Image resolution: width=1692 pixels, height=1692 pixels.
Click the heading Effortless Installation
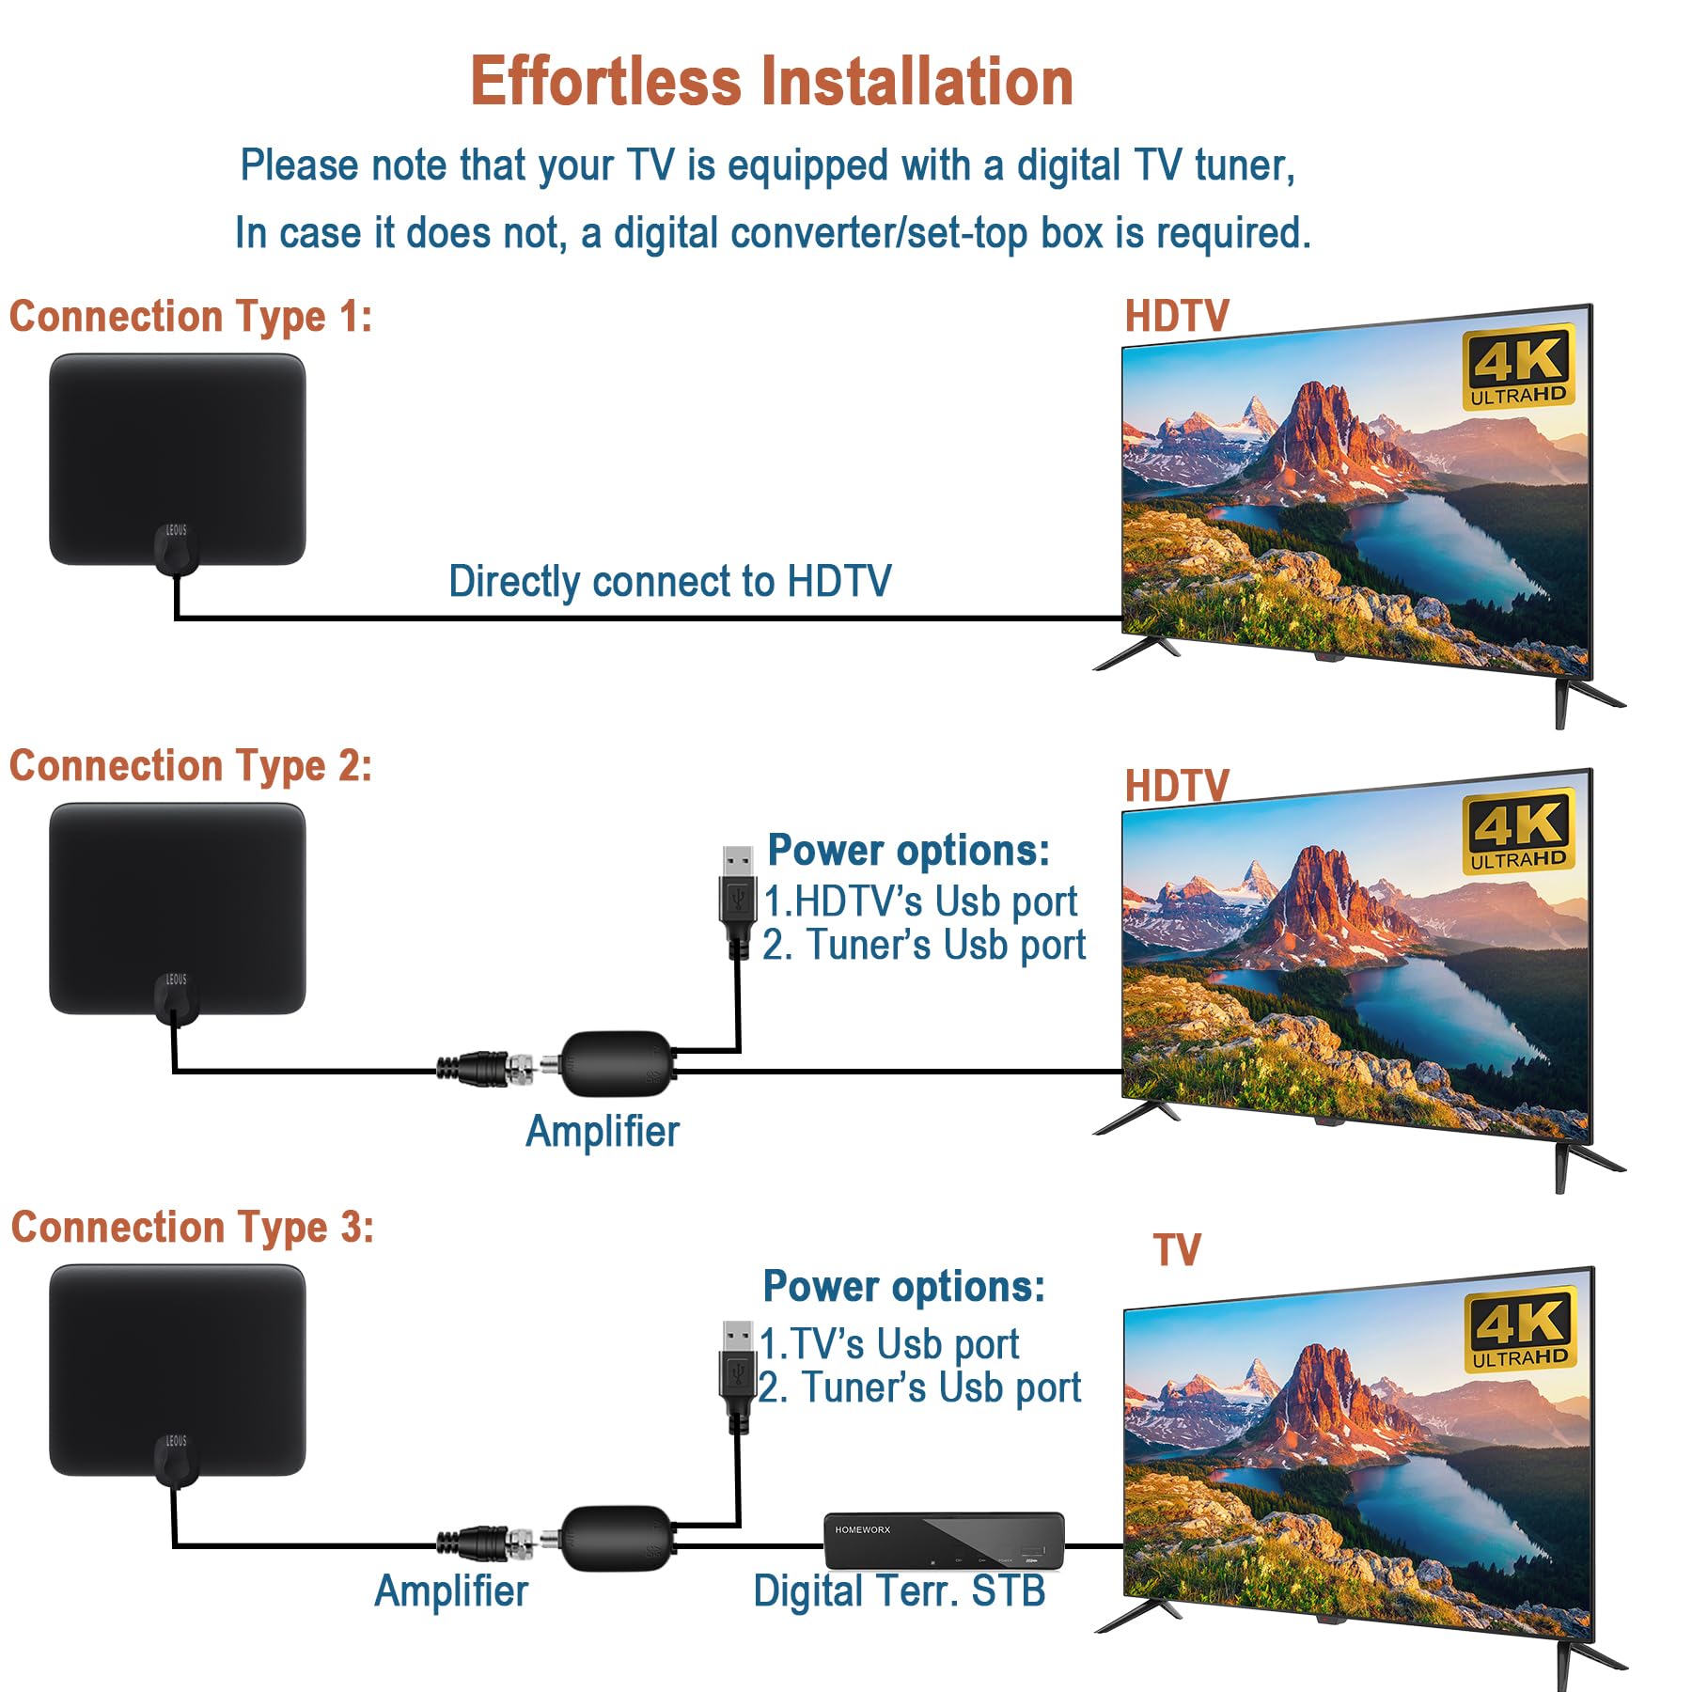pyautogui.click(x=771, y=82)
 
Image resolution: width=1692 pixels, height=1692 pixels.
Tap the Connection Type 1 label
pyautogui.click(x=191, y=317)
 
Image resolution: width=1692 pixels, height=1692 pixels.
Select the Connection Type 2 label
pyautogui.click(x=191, y=766)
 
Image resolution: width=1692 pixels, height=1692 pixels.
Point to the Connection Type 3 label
pyautogui.click(x=193, y=1228)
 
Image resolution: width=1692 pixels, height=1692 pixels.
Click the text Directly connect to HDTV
pyautogui.click(x=669, y=581)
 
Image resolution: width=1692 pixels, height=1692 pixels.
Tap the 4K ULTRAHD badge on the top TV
pyautogui.click(x=1517, y=367)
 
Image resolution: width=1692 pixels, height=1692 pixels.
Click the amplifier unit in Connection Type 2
pyautogui.click(x=617, y=1063)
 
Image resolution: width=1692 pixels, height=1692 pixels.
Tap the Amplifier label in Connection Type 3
pyautogui.click(x=451, y=1591)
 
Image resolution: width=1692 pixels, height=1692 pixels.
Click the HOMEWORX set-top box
pyautogui.click(x=944, y=1540)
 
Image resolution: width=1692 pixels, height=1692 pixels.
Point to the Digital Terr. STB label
pyautogui.click(x=899, y=1591)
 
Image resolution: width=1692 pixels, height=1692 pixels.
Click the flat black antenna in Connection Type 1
pyautogui.click(x=177, y=451)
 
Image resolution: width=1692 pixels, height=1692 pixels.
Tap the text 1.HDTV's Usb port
pyautogui.click(x=920, y=901)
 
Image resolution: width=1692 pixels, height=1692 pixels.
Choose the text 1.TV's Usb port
pyautogui.click(x=889, y=1344)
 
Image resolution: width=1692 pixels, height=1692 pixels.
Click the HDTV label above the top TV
pyautogui.click(x=1177, y=317)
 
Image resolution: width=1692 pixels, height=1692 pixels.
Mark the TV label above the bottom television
pyautogui.click(x=1177, y=1250)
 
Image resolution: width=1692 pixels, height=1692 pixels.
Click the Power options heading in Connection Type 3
pyautogui.click(x=903, y=1286)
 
